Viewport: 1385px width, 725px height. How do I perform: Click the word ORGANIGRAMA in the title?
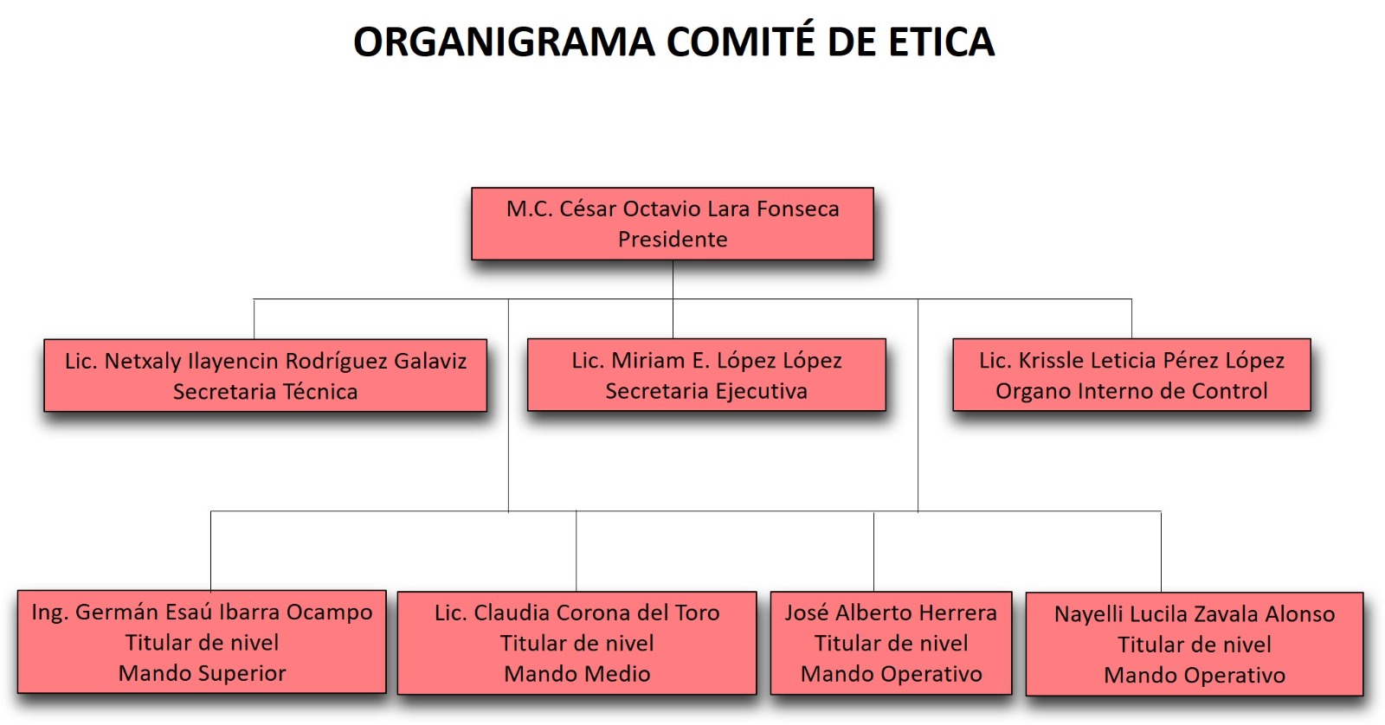[504, 42]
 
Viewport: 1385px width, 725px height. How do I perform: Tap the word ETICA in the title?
[942, 42]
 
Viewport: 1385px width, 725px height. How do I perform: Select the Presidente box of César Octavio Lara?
[673, 224]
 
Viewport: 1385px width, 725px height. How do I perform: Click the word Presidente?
[673, 239]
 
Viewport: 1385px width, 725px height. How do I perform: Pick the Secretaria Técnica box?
[265, 375]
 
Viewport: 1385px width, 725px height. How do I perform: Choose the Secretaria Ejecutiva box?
[706, 375]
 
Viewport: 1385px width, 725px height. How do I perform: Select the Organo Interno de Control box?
[1131, 375]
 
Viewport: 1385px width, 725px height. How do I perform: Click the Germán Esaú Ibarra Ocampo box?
[203, 642]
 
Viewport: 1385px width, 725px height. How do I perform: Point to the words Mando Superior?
[203, 673]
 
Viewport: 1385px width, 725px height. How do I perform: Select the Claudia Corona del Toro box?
[577, 643]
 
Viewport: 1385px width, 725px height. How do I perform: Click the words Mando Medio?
[577, 674]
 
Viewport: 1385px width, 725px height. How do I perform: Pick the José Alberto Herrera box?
[891, 643]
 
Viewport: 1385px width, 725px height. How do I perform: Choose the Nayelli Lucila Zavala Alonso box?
[1195, 644]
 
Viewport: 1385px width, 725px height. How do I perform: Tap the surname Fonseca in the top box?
[798, 209]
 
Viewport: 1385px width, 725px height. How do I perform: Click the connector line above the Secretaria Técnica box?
[254, 319]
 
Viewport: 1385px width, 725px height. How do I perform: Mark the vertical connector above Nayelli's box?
[1161, 552]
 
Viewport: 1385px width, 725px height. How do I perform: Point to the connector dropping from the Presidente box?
[673, 279]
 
